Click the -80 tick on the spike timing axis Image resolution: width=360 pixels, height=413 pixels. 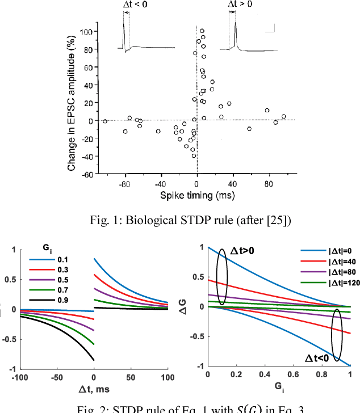124,184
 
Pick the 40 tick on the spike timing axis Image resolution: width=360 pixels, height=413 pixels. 233,184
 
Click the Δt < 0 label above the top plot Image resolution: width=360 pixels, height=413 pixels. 135,5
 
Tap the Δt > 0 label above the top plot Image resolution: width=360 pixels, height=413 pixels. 241,5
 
